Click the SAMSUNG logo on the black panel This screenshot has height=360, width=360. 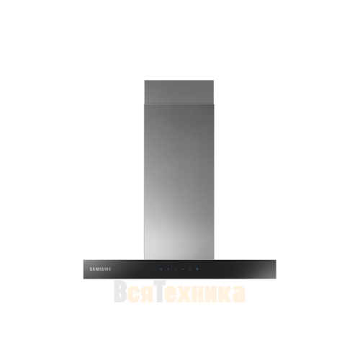tap(100, 269)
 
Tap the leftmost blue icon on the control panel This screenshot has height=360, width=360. tap(161, 269)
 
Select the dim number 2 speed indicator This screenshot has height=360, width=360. tap(176, 269)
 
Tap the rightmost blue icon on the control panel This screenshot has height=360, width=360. tap(197, 269)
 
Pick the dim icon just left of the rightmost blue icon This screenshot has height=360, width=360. tap(189, 269)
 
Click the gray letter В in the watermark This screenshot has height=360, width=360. tap(120, 292)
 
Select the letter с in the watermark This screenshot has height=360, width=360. tap(132, 294)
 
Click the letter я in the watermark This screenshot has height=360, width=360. tap(143, 294)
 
